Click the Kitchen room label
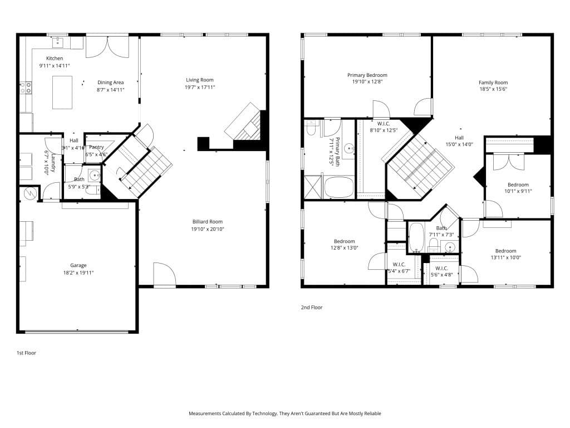(54, 59)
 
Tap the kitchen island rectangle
(62, 93)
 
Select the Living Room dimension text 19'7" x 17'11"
(200, 87)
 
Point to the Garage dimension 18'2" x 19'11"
(78, 273)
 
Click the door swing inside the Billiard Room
(165, 274)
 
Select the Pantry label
(96, 148)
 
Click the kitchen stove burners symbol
(26, 87)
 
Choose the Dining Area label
(110, 82)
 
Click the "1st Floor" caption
(26, 353)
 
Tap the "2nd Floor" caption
(312, 307)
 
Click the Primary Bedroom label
(367, 75)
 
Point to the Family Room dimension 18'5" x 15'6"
(493, 89)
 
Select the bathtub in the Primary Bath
(339, 187)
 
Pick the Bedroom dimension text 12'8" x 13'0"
(344, 248)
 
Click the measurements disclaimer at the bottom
(284, 414)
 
